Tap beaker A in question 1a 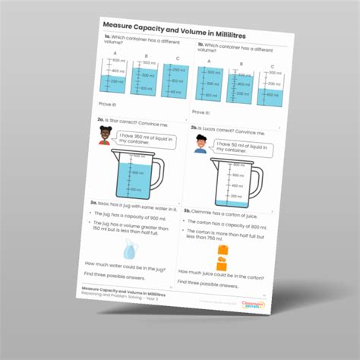(x=112, y=76)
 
